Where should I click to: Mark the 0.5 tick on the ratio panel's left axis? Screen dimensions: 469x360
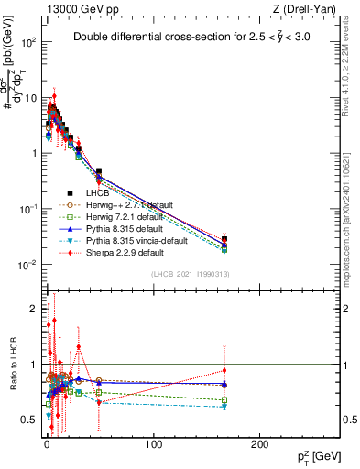coord(32,420)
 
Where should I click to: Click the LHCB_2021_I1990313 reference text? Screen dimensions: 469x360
coord(189,275)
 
